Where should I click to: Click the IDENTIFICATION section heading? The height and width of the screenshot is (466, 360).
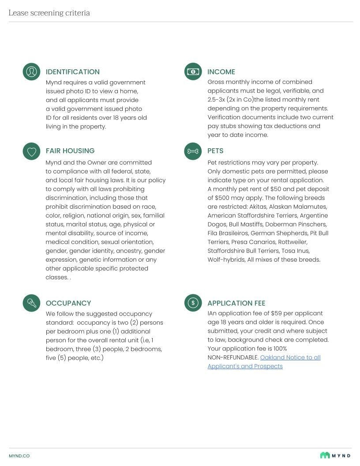73,72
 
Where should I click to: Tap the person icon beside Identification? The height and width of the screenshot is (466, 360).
31,71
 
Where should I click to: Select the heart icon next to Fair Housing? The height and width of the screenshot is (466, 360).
31,151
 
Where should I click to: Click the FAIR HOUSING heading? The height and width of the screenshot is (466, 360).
70,151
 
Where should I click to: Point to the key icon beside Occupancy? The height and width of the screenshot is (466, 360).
31,303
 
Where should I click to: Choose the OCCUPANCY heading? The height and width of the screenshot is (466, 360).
68,303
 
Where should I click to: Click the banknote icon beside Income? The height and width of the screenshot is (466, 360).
193,71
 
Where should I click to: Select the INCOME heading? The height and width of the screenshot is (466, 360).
221,72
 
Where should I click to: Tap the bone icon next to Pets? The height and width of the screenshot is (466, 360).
193,151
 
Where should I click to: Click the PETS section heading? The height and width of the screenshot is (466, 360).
215,151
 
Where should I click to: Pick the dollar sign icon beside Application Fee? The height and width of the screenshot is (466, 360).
193,303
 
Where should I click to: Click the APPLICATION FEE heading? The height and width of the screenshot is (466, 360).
236,303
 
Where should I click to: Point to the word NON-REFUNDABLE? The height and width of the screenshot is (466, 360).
233,357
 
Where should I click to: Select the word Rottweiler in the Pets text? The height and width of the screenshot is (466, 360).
292,242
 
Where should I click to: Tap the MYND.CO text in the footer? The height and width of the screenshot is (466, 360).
19,456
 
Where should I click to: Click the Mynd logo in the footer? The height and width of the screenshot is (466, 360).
335,455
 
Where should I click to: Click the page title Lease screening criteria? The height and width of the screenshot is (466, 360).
49,13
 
